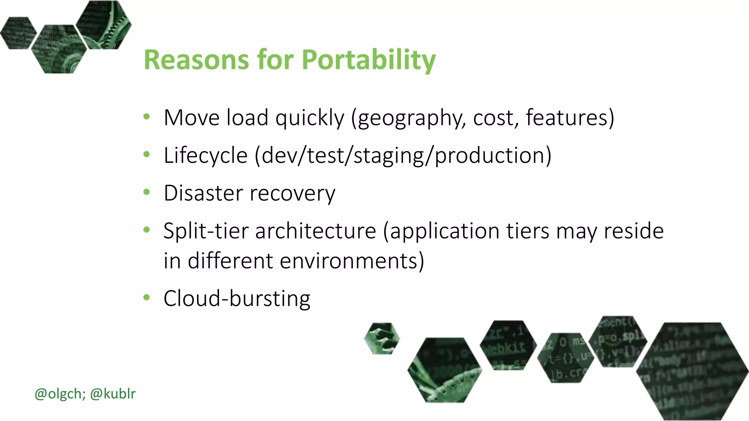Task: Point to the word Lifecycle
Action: click(x=206, y=156)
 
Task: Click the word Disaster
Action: click(x=203, y=193)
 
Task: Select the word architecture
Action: click(x=316, y=231)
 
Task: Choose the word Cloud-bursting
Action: click(x=237, y=299)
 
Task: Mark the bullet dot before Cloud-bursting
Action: click(x=147, y=297)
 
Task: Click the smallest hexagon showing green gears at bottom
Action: click(x=382, y=338)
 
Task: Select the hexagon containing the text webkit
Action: click(x=508, y=345)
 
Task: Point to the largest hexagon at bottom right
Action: click(x=692, y=371)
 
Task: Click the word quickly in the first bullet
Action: click(x=310, y=118)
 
